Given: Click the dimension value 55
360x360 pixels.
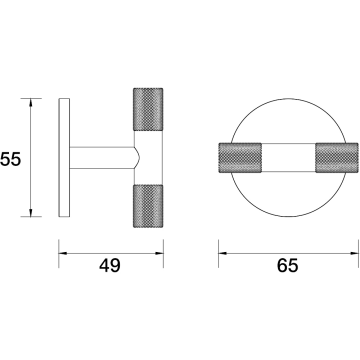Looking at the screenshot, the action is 10,159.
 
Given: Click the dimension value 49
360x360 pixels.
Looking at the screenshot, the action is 110,266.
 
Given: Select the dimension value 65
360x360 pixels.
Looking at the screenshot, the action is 288,266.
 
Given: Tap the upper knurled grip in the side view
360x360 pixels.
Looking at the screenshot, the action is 148,109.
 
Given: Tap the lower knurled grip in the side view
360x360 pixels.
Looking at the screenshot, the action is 148,206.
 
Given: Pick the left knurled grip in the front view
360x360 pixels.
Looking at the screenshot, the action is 240,158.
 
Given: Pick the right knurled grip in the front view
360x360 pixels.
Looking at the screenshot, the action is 337,158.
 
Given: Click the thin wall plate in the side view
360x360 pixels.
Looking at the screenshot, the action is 64,158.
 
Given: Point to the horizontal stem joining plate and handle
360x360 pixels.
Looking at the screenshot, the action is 102,158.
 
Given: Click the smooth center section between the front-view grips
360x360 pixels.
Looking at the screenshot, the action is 288,158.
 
